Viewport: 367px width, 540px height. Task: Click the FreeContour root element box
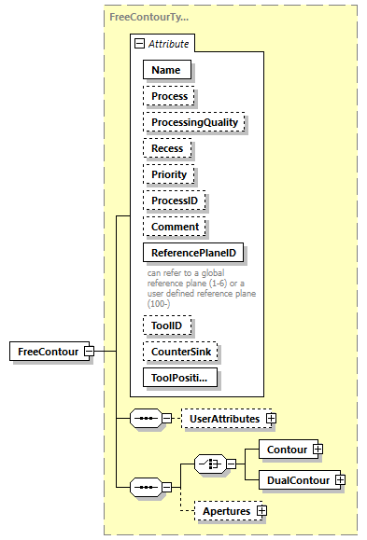pyautogui.click(x=47, y=351)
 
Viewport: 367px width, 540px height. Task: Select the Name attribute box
pyautogui.click(x=166, y=69)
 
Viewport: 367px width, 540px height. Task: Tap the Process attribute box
pyautogui.click(x=169, y=96)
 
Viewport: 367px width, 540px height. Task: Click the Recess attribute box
pyautogui.click(x=168, y=148)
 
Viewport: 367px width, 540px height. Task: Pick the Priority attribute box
pyautogui.click(x=169, y=174)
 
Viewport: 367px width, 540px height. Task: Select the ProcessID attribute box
pyautogui.click(x=174, y=201)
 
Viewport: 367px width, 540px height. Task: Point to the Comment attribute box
pyautogui.click(x=175, y=227)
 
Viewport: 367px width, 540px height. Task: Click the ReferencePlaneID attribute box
pyautogui.click(x=193, y=253)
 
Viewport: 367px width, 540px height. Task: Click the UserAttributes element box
pyautogui.click(x=224, y=419)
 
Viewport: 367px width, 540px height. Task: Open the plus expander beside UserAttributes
pyautogui.click(x=272, y=419)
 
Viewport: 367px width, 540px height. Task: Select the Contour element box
pyautogui.click(x=287, y=450)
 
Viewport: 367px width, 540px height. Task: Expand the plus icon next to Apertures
pyautogui.click(x=262, y=511)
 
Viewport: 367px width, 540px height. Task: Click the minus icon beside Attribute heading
pyautogui.click(x=139, y=44)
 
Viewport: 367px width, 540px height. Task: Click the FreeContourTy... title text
pyautogui.click(x=148, y=17)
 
